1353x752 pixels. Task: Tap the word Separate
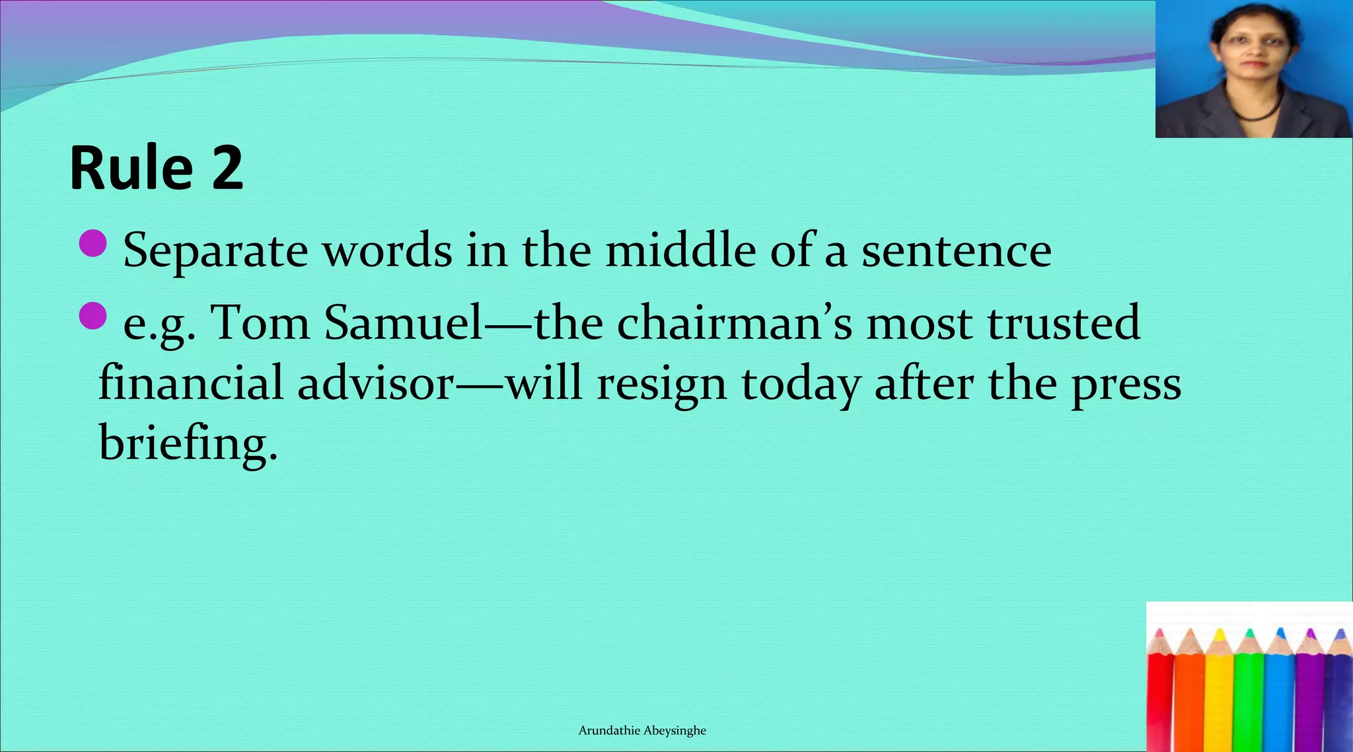215,251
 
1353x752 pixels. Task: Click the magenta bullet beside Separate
92,243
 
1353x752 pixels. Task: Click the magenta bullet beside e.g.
92,316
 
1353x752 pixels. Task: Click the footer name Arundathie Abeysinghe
642,730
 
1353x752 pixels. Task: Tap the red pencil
1160,700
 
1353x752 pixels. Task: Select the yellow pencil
1220,700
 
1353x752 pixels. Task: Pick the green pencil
1249,700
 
